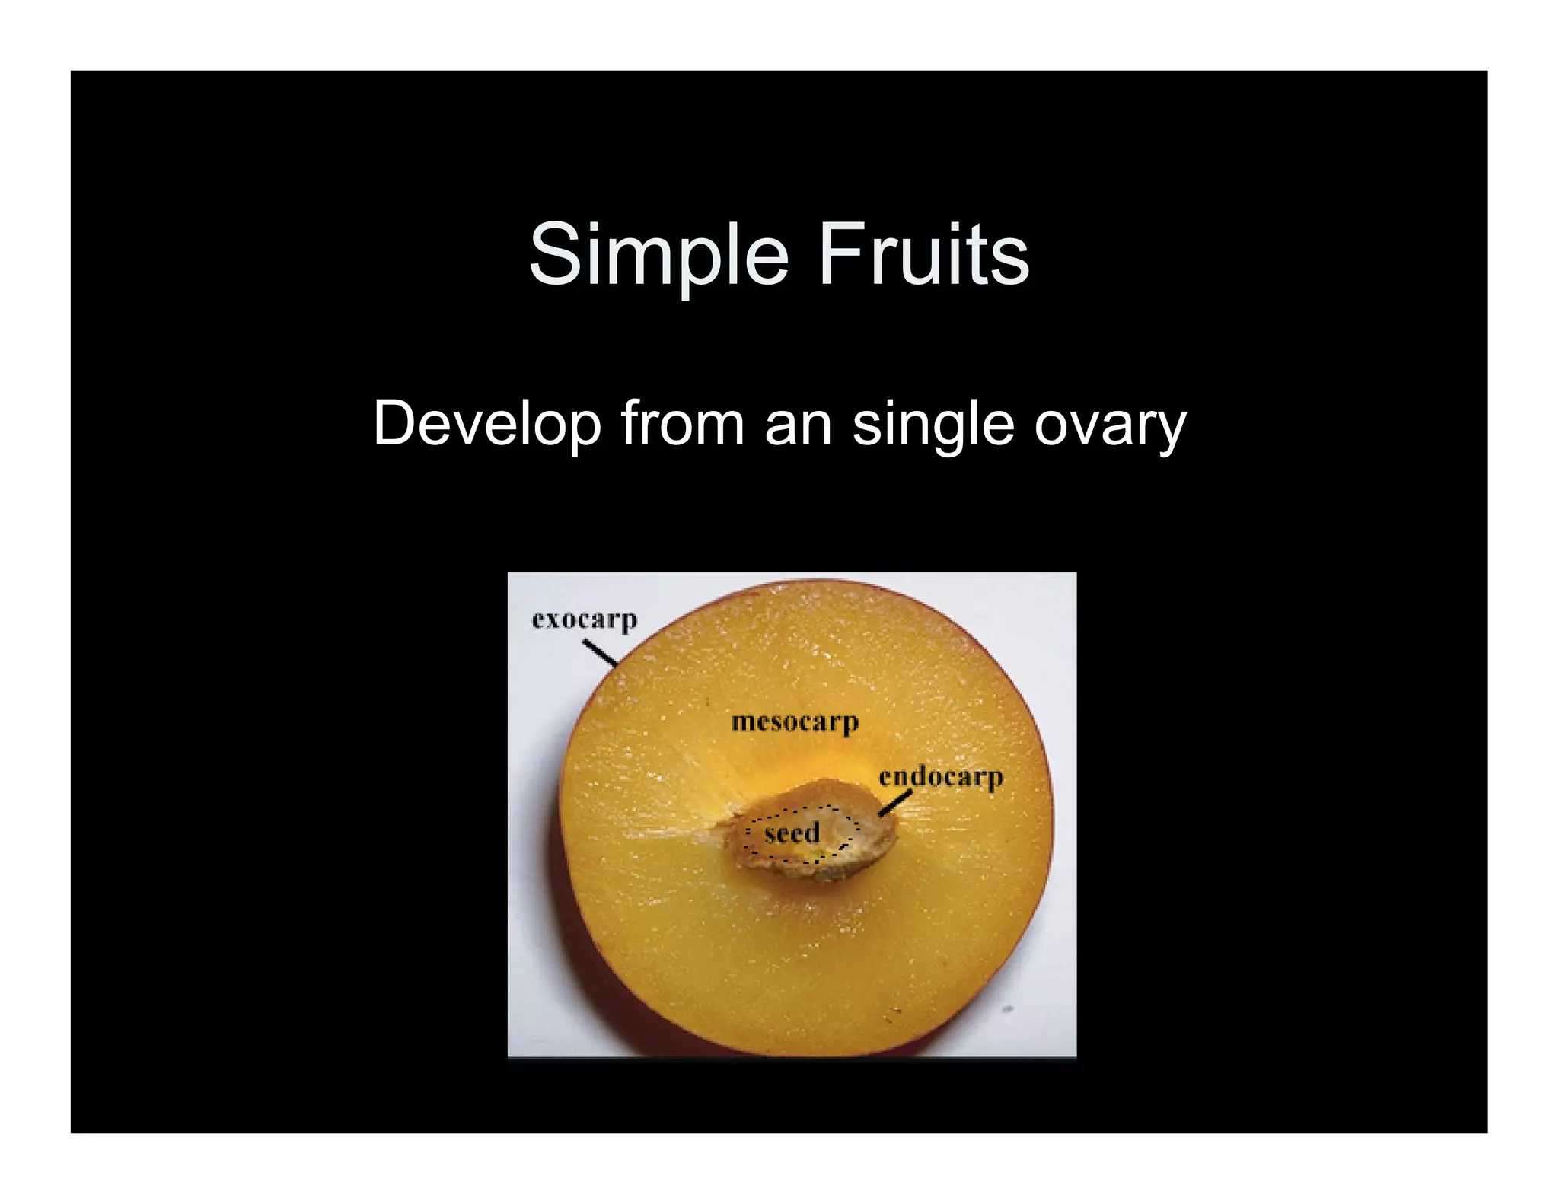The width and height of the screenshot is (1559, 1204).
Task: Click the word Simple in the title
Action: [658, 254]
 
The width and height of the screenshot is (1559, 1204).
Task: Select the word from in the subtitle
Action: [682, 425]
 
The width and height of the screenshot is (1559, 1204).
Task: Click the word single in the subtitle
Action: [933, 426]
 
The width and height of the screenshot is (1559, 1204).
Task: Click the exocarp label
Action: [584, 620]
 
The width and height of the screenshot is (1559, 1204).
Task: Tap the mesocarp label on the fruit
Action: [794, 721]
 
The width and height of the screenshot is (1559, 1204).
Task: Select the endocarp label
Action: [941, 777]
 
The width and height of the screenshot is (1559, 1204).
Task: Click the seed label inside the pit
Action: [792, 833]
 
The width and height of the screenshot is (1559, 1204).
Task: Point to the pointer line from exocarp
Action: [600, 653]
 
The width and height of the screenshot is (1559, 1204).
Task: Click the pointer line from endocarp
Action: [895, 803]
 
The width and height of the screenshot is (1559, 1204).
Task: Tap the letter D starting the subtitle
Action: [393, 425]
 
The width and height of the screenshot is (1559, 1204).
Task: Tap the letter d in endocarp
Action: [922, 776]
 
